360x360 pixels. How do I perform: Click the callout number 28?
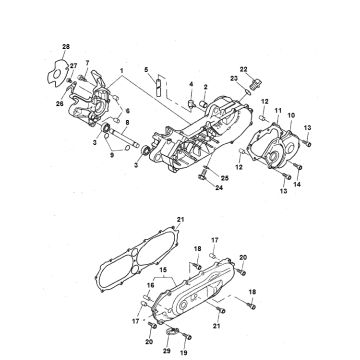point(66,48)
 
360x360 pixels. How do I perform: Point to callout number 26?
point(59,102)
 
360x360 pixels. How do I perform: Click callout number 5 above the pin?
point(146,68)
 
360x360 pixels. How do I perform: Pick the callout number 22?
point(243,69)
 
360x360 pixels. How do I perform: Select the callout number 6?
point(126,111)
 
